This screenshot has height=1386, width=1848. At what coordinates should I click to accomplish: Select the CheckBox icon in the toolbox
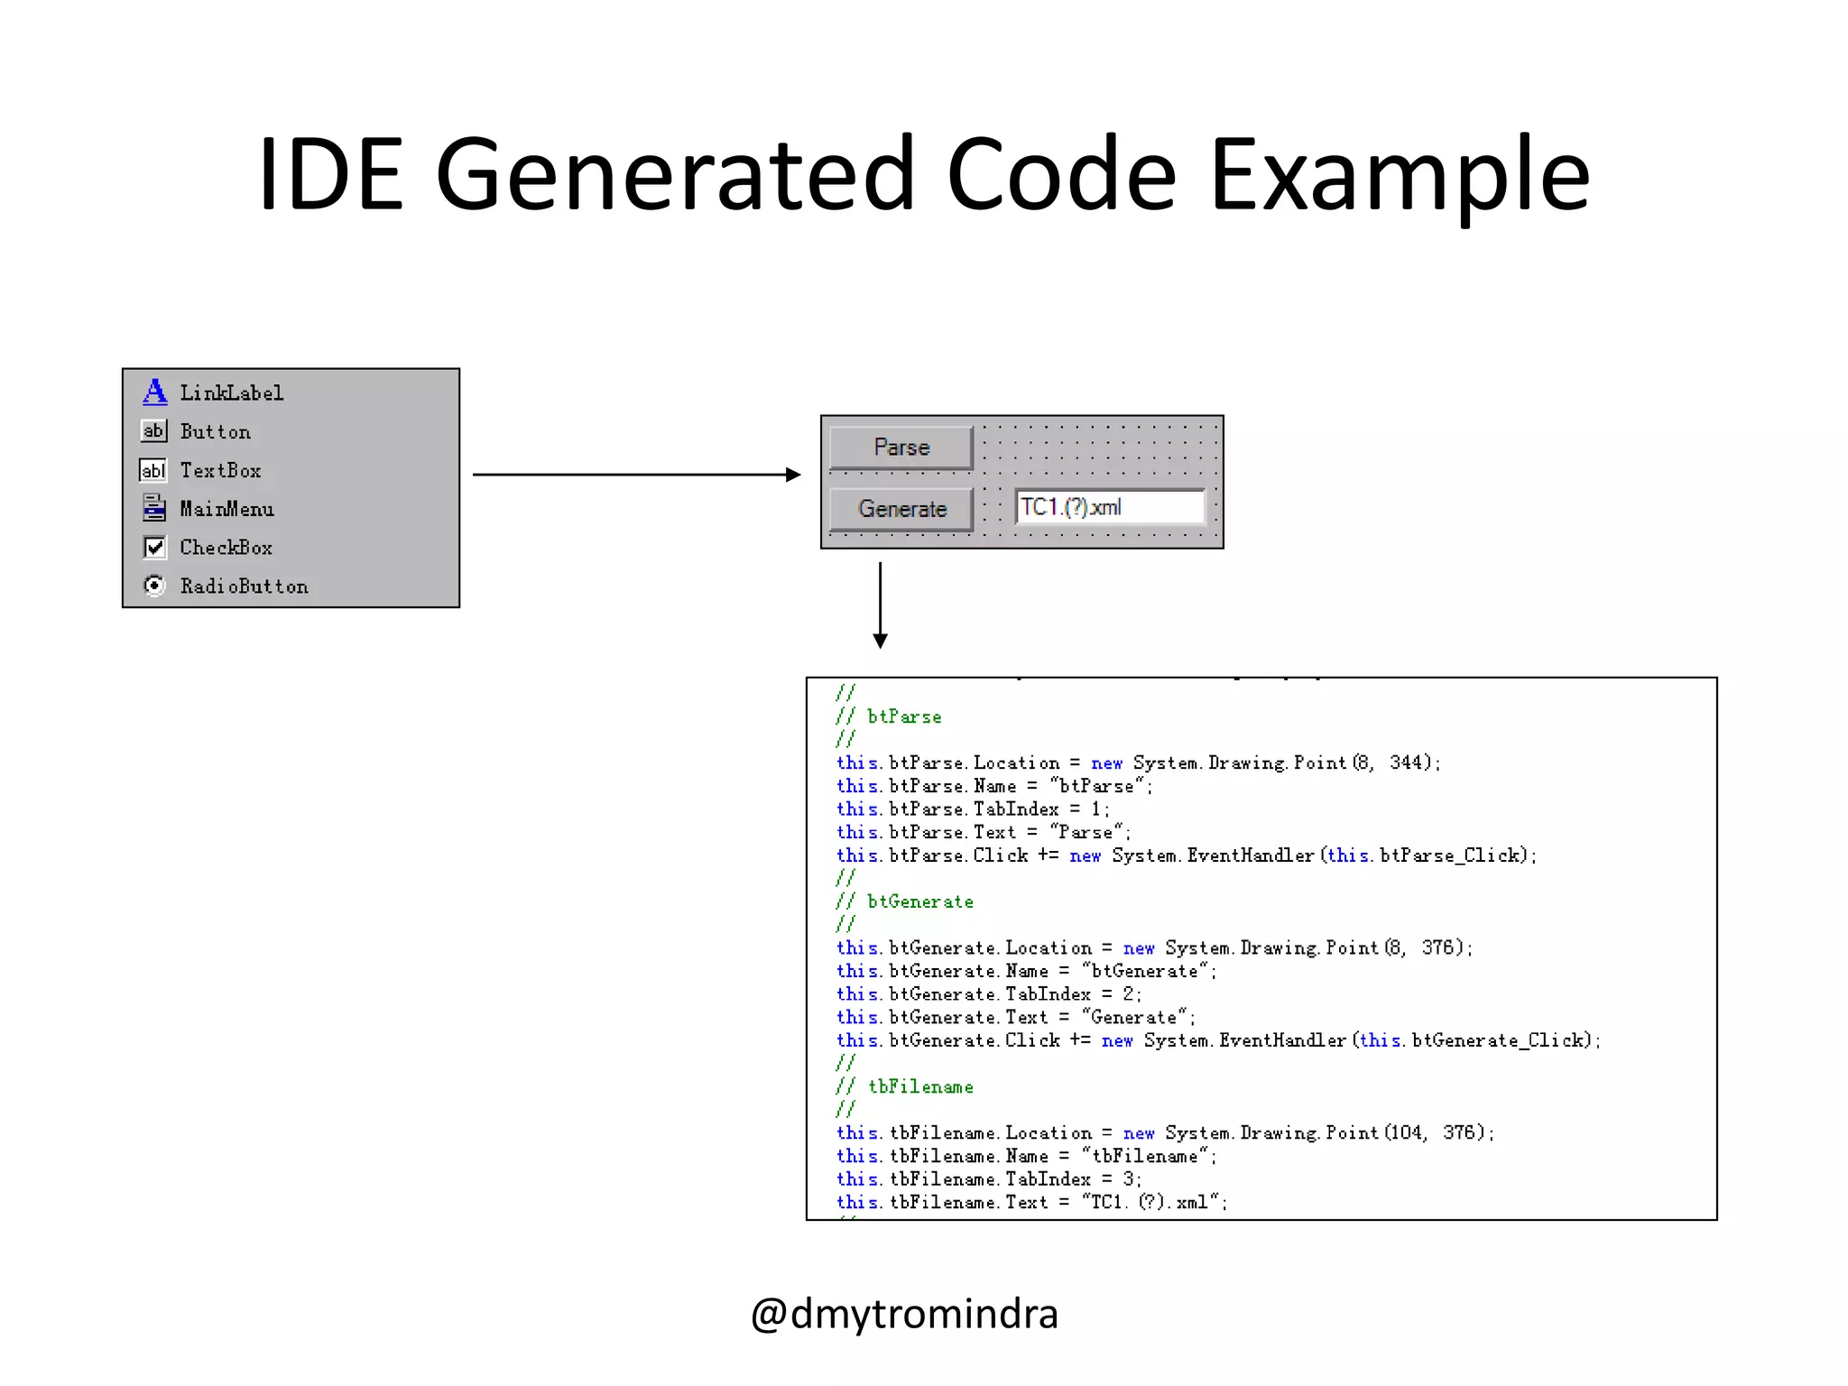click(154, 547)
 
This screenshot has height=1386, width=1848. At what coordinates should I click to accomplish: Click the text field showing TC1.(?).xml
click(1110, 507)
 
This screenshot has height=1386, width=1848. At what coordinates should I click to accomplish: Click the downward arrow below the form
click(880, 605)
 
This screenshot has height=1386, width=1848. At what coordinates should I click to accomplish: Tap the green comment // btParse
click(889, 716)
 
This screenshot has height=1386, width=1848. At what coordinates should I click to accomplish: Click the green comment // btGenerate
click(905, 901)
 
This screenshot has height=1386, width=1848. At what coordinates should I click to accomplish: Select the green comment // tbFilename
click(905, 1086)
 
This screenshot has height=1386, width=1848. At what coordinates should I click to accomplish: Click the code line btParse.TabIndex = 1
click(973, 808)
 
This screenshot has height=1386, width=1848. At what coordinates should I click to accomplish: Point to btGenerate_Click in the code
click(1498, 1039)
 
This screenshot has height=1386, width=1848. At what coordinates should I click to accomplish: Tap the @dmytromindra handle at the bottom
click(904, 1313)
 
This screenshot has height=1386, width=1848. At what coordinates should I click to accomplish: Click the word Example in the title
click(1399, 173)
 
